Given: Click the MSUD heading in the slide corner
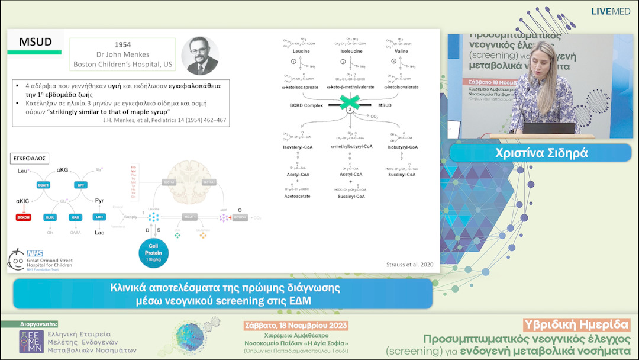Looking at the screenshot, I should click(x=35, y=42).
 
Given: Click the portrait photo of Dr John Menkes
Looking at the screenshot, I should click(x=198, y=56).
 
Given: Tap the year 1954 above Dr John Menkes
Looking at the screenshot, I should click(x=122, y=45).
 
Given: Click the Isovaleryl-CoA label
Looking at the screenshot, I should click(x=298, y=146).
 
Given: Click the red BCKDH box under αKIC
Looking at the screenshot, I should click(x=24, y=217).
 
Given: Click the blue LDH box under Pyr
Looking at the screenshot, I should click(x=99, y=217).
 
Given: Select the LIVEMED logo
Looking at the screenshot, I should click(x=611, y=11).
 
